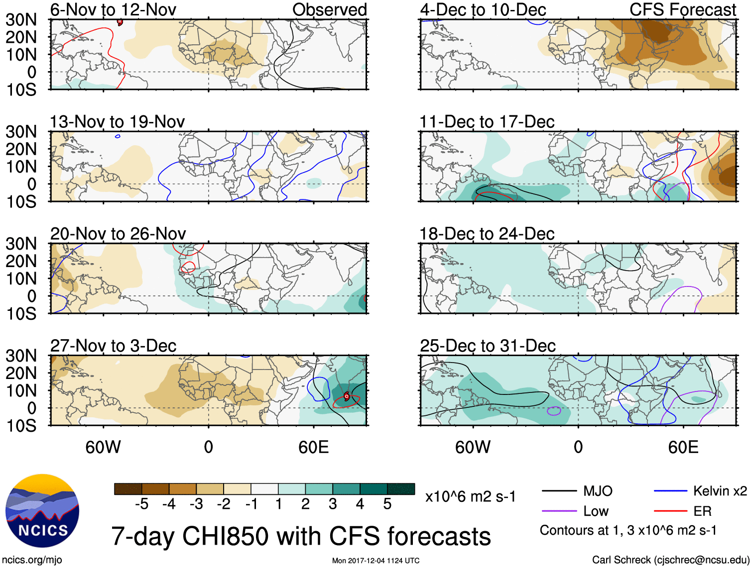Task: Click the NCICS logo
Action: tap(42, 511)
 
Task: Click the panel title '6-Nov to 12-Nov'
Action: tap(113, 9)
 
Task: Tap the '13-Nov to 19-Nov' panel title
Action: tap(117, 121)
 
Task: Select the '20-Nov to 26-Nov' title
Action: tap(118, 233)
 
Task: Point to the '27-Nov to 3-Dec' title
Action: tap(113, 346)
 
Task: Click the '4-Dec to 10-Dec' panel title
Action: tap(483, 9)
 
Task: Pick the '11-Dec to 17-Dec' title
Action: tap(487, 121)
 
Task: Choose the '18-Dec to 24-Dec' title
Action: tap(487, 233)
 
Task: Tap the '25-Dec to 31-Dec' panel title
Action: tap(488, 346)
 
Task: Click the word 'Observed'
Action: tap(329, 9)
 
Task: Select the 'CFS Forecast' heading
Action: tap(682, 9)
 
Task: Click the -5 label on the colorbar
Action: tap(142, 504)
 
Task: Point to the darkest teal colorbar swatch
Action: tap(401, 489)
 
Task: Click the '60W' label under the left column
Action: tap(103, 447)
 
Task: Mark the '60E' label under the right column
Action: tap(683, 447)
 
